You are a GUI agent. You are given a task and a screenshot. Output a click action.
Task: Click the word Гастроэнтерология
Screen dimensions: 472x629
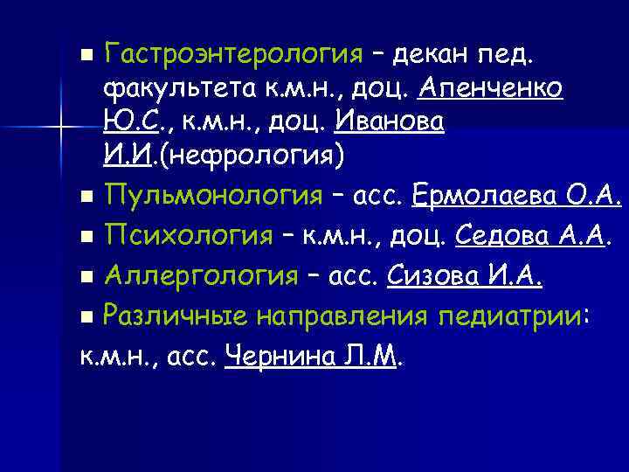[x=232, y=56]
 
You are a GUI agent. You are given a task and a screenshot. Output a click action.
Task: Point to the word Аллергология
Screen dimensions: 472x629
[x=200, y=277]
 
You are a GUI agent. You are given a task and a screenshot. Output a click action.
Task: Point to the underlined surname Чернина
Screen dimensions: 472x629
[x=276, y=355]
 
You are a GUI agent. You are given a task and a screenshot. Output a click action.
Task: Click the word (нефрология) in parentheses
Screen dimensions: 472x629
[x=252, y=158]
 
